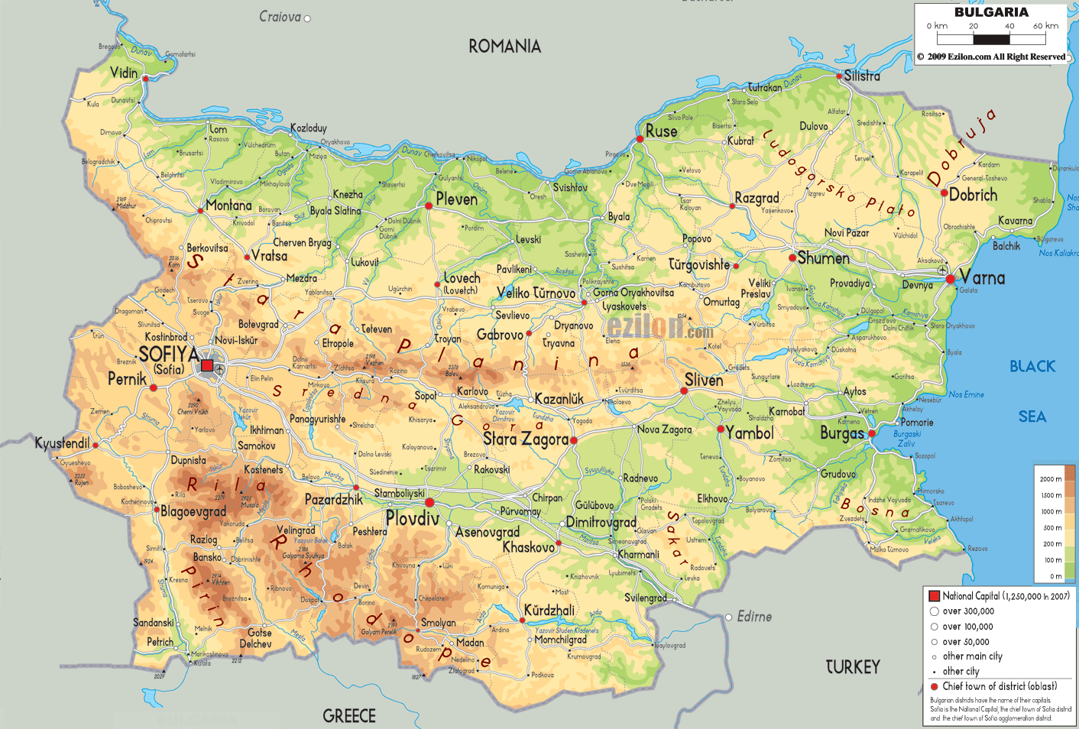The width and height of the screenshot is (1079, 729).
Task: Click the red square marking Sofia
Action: tap(207, 365)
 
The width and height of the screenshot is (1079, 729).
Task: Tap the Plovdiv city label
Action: tap(412, 519)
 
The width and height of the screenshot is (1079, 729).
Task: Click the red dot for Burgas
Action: tap(871, 433)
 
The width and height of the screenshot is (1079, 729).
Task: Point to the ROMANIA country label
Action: tap(504, 47)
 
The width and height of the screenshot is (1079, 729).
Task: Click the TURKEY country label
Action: tap(853, 667)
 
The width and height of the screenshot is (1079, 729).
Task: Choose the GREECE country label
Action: tap(349, 716)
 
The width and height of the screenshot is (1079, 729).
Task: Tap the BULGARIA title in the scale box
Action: tap(991, 12)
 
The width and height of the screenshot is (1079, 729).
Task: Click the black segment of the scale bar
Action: tap(991, 39)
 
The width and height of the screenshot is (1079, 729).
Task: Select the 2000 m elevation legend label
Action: tap(1051, 479)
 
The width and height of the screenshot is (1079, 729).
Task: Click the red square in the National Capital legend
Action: tap(934, 596)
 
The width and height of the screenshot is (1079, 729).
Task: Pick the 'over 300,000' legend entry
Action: tap(967, 611)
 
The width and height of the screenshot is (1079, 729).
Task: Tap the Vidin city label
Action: tap(124, 73)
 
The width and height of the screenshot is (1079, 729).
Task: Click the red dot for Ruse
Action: tap(640, 139)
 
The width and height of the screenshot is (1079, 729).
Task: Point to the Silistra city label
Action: tap(862, 76)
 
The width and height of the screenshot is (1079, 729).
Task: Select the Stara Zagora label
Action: tap(525, 439)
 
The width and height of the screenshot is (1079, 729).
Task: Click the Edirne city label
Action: tap(753, 617)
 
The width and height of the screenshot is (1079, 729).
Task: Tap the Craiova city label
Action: tap(280, 17)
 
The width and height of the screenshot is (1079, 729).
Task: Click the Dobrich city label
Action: tap(973, 195)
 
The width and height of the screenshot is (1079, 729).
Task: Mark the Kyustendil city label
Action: tap(62, 443)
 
